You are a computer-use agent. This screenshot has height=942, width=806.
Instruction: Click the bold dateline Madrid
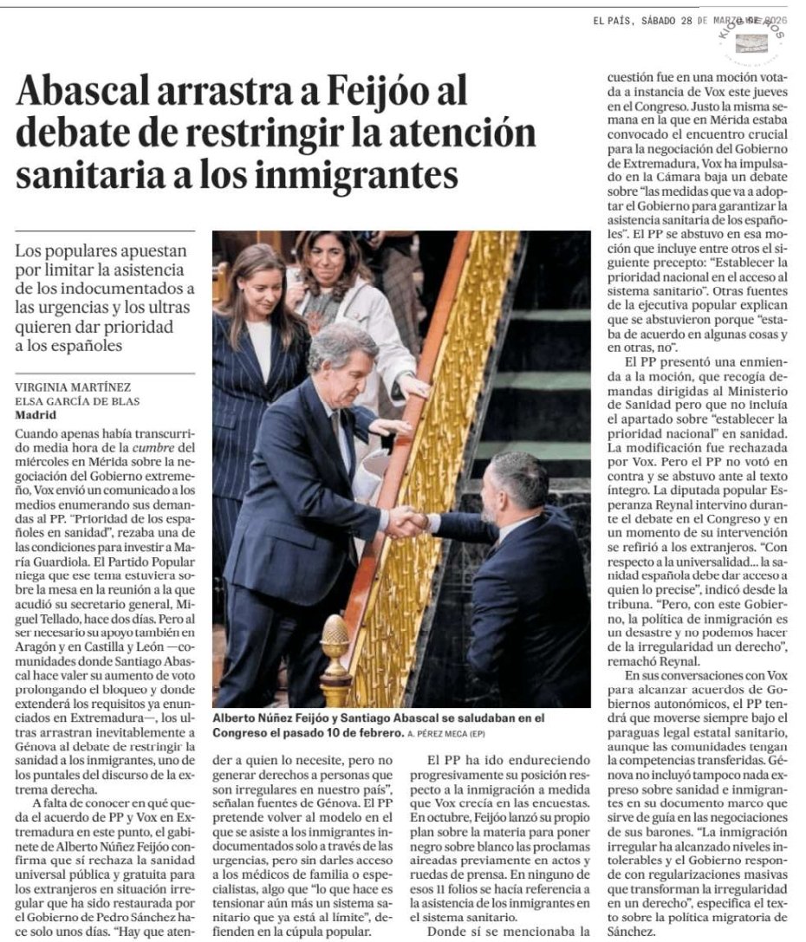point(36,413)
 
